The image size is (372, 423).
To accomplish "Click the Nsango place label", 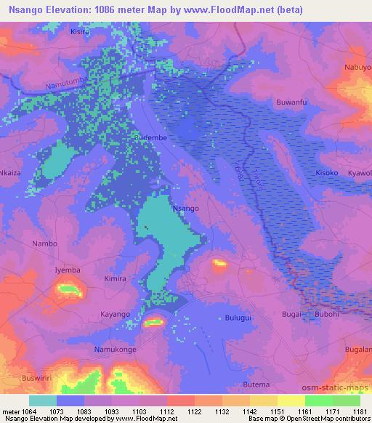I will pyautogui.click(x=185, y=208).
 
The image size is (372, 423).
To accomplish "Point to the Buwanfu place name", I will pyautogui.click(x=292, y=102).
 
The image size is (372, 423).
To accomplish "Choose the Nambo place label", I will pyautogui.click(x=44, y=243).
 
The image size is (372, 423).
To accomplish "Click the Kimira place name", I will pyautogui.click(x=115, y=278).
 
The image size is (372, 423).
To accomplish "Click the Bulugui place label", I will pyautogui.click(x=238, y=318).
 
